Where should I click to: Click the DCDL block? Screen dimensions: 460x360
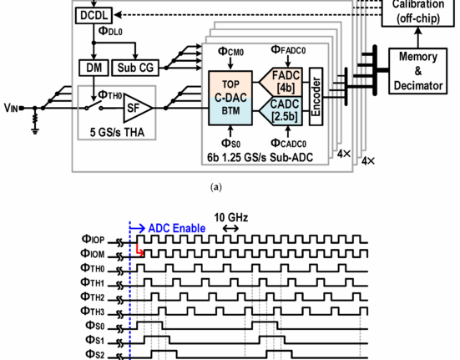[94, 15]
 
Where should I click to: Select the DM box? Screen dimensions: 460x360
[94, 68]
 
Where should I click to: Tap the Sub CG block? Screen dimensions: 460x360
[135, 68]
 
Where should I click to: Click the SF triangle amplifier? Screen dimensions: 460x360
[137, 109]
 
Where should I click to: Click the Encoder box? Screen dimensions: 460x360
[316, 97]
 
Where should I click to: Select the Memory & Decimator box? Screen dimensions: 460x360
[417, 71]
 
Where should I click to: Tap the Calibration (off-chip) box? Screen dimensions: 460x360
[418, 12]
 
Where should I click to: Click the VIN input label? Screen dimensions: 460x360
[11, 108]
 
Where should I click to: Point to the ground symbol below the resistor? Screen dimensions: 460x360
[35, 130]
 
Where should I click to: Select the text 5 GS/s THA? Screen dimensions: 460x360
[117, 132]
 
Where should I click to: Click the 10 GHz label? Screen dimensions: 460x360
[231, 218]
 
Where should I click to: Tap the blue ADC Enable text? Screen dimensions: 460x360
[177, 228]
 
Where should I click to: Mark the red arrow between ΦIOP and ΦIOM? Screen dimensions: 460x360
[140, 250]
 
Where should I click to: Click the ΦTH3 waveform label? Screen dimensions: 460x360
[92, 311]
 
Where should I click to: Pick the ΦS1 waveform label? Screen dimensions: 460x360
[95, 340]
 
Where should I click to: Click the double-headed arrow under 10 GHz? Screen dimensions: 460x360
[230, 228]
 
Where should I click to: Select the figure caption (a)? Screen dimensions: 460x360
[216, 187]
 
